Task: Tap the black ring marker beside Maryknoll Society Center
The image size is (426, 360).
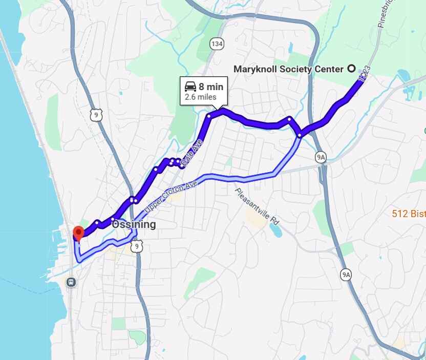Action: [352, 69]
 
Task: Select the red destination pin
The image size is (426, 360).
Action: [78, 233]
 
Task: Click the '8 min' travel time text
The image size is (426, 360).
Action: [211, 87]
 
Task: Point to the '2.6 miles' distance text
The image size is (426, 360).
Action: [201, 97]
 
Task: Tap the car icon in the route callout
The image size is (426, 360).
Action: [190, 86]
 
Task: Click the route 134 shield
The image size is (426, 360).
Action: [217, 44]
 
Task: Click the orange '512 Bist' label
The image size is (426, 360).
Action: [409, 214]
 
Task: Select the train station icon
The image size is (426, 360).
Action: [70, 281]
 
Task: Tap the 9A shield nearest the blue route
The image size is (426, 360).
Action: [321, 157]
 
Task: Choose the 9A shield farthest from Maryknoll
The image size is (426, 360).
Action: [346, 275]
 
